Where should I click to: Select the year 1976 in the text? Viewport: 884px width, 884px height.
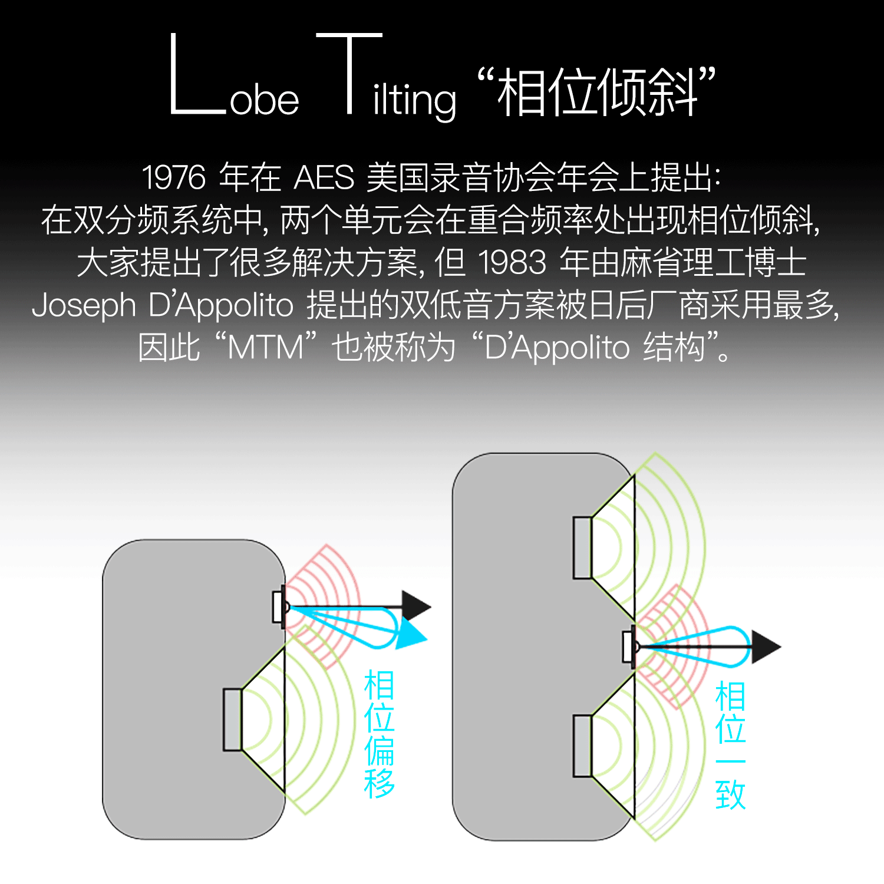[x=174, y=177]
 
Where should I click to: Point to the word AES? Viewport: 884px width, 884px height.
[x=324, y=177]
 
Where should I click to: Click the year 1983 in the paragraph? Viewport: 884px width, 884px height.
[x=512, y=262]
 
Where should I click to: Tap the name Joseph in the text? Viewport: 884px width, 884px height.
[x=84, y=305]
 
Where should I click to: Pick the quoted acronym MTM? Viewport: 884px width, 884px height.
[x=265, y=348]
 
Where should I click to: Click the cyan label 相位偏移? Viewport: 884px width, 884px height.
[x=379, y=734]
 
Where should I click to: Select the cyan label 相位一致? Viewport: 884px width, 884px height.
[x=730, y=746]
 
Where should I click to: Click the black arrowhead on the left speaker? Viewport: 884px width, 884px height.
[x=415, y=606]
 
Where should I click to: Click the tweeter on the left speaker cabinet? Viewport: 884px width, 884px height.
[x=279, y=607]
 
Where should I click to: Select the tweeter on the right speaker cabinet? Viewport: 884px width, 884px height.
[x=629, y=646]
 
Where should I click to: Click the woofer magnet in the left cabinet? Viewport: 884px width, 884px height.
[x=232, y=720]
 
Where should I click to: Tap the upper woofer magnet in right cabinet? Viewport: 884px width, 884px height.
[x=582, y=547]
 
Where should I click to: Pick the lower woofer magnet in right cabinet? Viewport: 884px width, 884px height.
[x=582, y=746]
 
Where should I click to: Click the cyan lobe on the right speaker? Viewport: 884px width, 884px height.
[x=707, y=647]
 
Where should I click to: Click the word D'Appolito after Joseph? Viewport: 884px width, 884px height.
[x=221, y=305]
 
